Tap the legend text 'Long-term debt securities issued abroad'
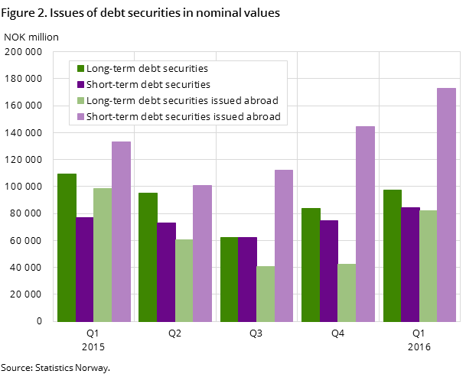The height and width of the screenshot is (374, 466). point(182,100)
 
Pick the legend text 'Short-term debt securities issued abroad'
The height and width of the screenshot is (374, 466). point(184,117)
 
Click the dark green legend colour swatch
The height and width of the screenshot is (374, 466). point(79,68)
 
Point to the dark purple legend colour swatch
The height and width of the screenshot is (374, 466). point(79,84)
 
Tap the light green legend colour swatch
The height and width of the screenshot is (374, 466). point(79,100)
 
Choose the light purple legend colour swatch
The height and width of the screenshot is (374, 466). point(79,117)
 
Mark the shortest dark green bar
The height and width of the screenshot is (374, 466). point(229,279)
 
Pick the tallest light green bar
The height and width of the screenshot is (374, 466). point(103,255)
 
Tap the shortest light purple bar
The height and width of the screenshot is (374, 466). point(202,253)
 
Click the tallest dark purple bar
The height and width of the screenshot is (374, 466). point(409,264)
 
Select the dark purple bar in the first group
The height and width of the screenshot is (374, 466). point(84,269)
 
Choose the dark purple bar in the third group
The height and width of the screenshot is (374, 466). point(246,279)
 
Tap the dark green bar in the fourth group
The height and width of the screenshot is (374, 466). point(310,265)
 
